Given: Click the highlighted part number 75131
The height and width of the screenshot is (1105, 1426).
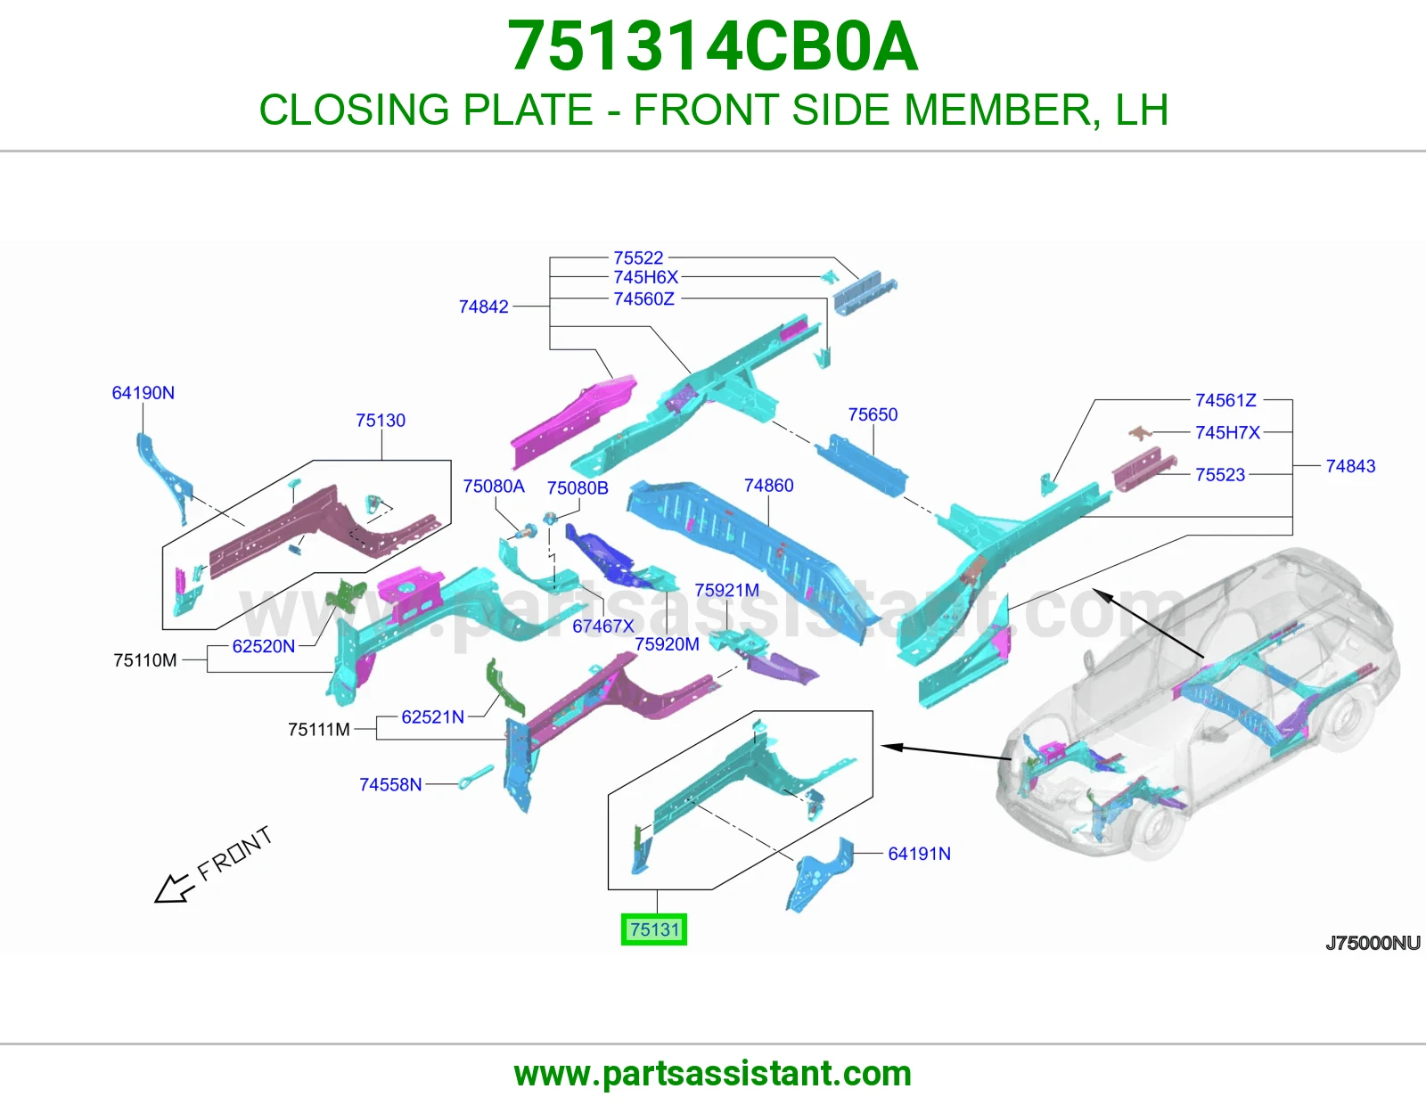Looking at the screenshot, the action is [x=654, y=929].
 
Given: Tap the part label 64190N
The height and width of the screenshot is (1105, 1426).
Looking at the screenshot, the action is [x=143, y=393].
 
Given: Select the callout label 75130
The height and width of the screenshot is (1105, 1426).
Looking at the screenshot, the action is [x=381, y=421].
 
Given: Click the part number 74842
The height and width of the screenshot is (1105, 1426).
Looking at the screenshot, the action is [x=484, y=307].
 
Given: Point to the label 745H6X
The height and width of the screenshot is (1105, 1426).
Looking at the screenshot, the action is [x=646, y=277].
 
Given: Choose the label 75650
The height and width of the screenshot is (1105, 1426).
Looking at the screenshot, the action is [x=873, y=414].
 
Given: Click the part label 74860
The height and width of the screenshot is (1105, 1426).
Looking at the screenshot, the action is [x=768, y=486].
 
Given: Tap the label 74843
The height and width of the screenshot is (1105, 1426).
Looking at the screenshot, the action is [x=1350, y=466].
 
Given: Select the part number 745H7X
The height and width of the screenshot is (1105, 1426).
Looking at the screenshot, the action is [x=1228, y=432].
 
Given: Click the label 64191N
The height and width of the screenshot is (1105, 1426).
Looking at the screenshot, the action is [x=920, y=854].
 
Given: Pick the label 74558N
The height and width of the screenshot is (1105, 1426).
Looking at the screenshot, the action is [x=390, y=785].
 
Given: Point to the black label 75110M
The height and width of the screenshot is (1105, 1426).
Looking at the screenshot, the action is [x=145, y=660].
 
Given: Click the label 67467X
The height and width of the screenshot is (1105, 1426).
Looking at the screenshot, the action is [x=603, y=626].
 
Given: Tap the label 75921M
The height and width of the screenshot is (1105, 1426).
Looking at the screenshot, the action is [x=727, y=591].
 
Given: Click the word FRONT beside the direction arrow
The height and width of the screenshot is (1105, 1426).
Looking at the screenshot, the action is [x=234, y=853].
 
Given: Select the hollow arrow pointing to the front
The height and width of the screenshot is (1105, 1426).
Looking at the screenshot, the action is [x=174, y=889].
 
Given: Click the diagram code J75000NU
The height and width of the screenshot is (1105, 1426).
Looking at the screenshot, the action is [x=1373, y=943].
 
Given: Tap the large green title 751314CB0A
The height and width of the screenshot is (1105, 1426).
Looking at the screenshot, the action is [x=713, y=46].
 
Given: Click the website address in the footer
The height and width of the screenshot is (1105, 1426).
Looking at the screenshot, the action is [x=713, y=1074].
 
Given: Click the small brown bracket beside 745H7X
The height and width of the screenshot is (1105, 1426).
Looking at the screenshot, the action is [x=1141, y=432].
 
